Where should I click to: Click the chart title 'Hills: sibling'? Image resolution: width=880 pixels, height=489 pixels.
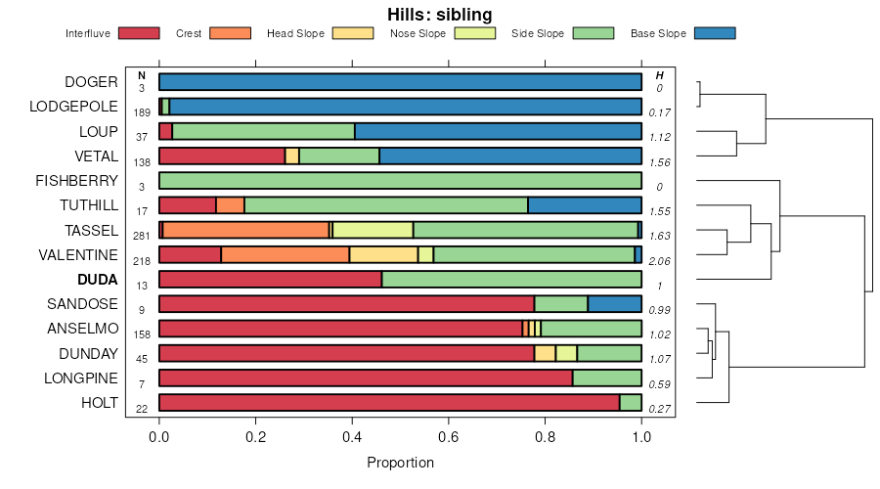pos(440,14)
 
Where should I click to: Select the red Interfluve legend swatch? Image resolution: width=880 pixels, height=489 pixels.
pos(138,33)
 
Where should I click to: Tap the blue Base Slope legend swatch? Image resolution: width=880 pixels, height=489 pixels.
pos(715,33)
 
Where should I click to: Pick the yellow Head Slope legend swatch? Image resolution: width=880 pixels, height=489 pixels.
pos(353,33)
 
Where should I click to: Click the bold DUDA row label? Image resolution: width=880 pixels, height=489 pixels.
pos(99,280)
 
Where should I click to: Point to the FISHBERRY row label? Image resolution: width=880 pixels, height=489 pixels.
pos(76,181)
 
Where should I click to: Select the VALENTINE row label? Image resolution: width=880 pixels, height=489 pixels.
pos(78,255)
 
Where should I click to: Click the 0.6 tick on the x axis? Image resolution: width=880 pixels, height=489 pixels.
pos(449,437)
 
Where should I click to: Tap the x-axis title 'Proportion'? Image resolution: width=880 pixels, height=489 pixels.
pos(400,462)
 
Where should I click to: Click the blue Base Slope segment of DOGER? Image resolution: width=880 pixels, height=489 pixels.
pos(400,82)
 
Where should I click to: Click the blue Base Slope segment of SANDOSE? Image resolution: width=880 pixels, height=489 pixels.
pos(614,304)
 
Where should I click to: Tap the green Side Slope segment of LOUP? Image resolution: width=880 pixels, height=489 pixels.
pos(263,131)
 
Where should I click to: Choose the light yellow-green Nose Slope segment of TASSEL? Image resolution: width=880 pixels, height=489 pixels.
pos(373,230)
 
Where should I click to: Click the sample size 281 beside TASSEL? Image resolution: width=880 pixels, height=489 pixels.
pos(142,236)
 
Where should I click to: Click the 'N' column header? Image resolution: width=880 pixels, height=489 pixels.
pos(142,75)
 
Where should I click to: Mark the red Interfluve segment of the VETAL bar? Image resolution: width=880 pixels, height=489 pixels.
pos(222,156)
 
